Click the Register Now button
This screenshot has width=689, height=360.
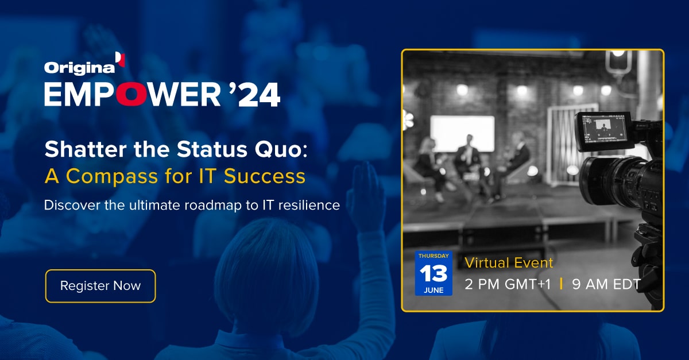(100, 286)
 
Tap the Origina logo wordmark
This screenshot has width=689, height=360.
(79, 68)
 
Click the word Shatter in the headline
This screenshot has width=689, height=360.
(86, 149)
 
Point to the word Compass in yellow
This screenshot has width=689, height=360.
(112, 177)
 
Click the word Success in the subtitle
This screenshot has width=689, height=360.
(265, 177)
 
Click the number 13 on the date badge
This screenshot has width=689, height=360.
(433, 273)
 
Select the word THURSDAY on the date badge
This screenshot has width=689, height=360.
(433, 256)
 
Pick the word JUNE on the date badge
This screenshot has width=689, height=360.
(433, 290)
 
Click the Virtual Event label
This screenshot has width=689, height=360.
(509, 263)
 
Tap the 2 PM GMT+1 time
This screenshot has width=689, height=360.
(508, 284)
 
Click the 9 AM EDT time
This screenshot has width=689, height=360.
(606, 284)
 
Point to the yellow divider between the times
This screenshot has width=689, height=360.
(562, 284)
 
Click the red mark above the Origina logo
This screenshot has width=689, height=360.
(120, 59)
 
